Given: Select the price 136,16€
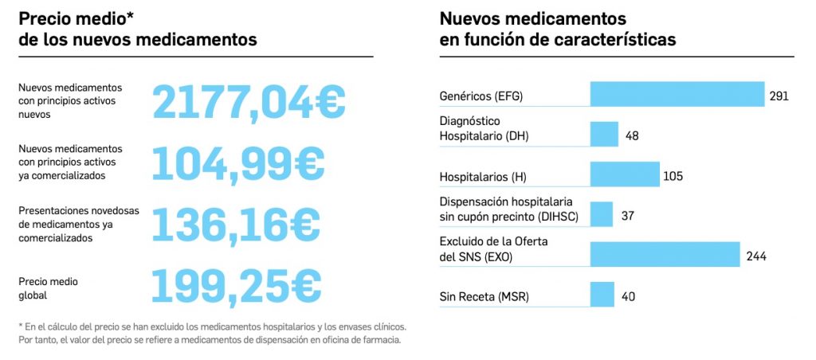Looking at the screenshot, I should (x=235, y=224).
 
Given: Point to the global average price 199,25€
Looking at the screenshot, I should (x=236, y=285).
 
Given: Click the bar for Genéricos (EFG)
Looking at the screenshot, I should (x=677, y=94).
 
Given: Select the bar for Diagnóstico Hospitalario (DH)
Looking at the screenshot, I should (x=604, y=135).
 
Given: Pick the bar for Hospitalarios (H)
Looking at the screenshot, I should (x=625, y=174).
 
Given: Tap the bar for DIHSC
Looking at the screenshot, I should (x=601, y=214).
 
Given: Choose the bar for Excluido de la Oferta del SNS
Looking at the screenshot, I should (x=665, y=255).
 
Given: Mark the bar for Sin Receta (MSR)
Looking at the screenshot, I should (x=602, y=295).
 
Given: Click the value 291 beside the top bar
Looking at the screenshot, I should (x=779, y=96).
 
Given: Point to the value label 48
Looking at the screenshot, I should (x=632, y=136).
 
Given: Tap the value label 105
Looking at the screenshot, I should (x=673, y=176).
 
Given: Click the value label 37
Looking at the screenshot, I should (x=627, y=216).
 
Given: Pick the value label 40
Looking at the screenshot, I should (x=628, y=297).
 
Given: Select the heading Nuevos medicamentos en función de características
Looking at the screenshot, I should (x=558, y=29).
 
